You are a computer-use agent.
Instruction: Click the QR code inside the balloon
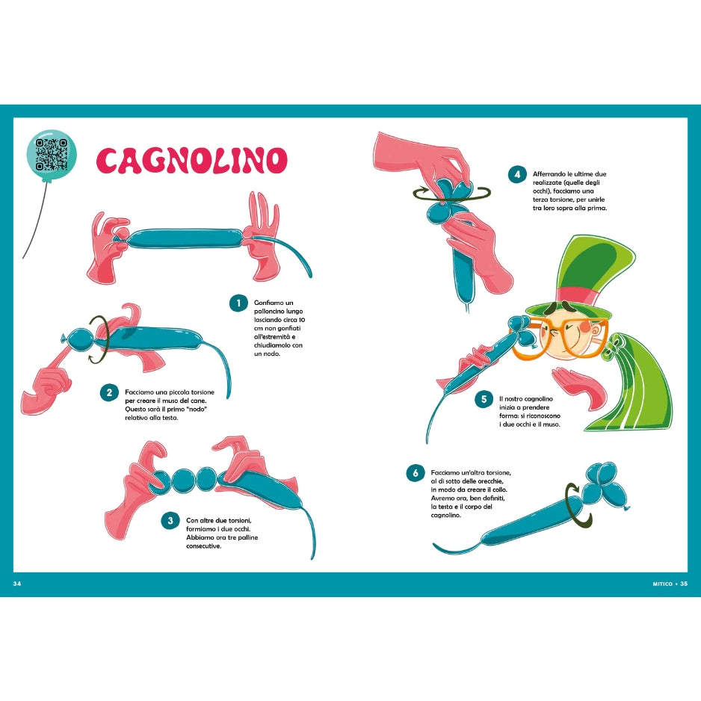pos(52,155)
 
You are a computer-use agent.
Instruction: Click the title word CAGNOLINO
pos(192,160)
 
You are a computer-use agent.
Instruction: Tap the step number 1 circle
pos(238,303)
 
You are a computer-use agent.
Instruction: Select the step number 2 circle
pos(110,392)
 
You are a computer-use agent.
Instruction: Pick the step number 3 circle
pos(170,520)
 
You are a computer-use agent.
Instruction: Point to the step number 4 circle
pos(516,175)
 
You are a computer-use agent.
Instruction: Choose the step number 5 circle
pos(484,399)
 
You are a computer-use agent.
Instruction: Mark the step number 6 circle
pos(415,473)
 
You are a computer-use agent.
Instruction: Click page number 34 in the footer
pos(19,583)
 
